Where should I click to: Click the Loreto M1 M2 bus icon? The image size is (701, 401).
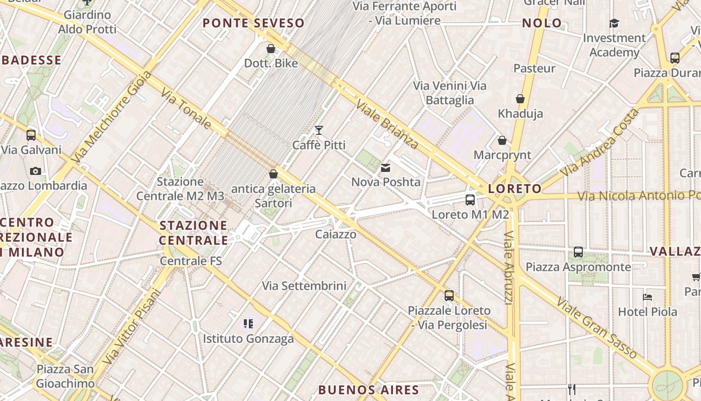[x=470, y=200]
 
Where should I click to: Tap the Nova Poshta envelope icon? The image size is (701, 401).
[x=386, y=168]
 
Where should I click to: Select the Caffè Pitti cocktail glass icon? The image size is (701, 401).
[x=319, y=130]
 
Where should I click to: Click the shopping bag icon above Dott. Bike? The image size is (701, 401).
[x=271, y=49]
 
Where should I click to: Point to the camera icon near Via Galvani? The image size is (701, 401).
[x=35, y=171]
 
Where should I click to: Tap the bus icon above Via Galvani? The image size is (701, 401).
[x=31, y=135]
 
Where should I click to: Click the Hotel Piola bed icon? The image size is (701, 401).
[x=647, y=297]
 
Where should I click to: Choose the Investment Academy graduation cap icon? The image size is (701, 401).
[x=614, y=23]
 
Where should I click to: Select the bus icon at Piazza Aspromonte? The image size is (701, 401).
[x=578, y=252]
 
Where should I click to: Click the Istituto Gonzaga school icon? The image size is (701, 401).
[x=248, y=324]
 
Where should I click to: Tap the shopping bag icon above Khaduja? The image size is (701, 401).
[x=520, y=99]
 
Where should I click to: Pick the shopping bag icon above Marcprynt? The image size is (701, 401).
[x=502, y=140]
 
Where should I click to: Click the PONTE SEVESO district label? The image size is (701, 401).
[x=254, y=23]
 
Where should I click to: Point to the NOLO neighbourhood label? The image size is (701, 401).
[x=542, y=23]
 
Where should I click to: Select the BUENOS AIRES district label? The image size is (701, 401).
[x=369, y=389]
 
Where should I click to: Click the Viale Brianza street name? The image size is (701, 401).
[x=387, y=124]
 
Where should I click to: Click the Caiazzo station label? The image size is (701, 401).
[x=336, y=234]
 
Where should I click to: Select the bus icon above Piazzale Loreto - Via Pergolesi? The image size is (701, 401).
[x=449, y=296]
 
